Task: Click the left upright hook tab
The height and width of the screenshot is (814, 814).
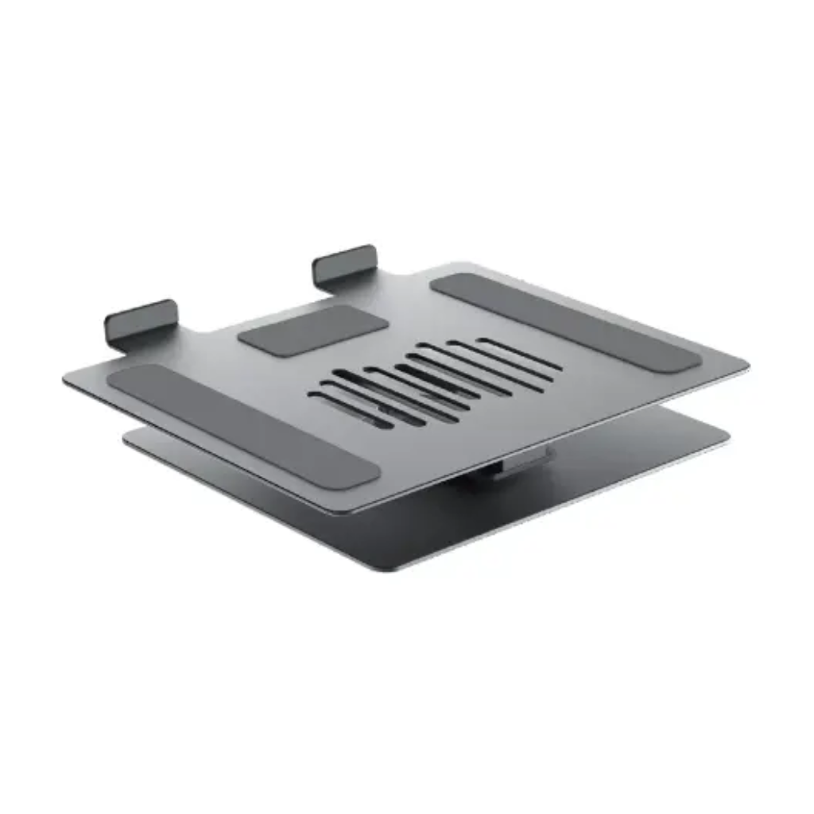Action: [x=141, y=320]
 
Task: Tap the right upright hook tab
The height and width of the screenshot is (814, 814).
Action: [x=344, y=263]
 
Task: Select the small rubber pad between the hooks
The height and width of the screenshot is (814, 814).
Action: [x=313, y=331]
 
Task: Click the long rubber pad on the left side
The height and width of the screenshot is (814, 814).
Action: [x=242, y=426]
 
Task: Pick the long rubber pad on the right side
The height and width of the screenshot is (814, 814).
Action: [x=566, y=323]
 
